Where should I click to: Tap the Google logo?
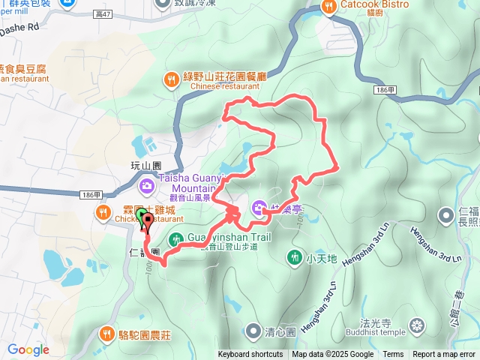(28, 349)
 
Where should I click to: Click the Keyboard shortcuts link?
(250, 355)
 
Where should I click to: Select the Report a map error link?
(444, 355)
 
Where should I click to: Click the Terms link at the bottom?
(393, 355)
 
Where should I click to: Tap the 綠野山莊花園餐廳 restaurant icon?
(171, 79)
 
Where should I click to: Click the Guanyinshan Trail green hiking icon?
(175, 240)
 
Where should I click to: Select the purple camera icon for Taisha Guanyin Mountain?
(147, 184)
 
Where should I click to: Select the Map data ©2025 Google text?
(332, 355)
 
